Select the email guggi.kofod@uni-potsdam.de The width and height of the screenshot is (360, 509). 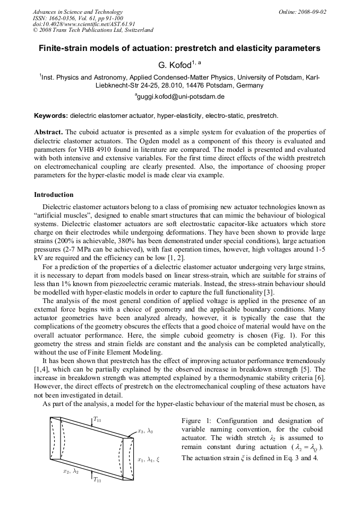coord(181,97)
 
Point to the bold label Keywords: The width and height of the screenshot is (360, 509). coord(51,115)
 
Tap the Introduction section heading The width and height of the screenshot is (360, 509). coord(54,195)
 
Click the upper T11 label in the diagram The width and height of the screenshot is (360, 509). coord(98,419)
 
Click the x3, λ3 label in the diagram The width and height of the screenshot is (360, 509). coord(145,431)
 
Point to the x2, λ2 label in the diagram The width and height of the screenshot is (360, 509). coord(71,471)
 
